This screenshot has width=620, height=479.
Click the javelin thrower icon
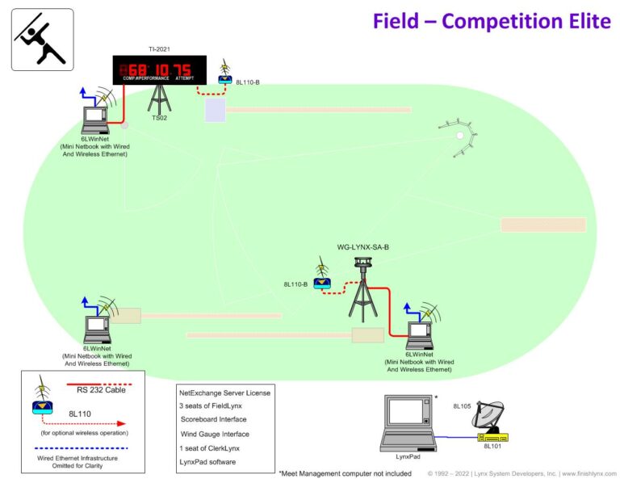pyautogui.click(x=42, y=40)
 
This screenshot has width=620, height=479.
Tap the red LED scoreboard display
pyautogui.click(x=159, y=69)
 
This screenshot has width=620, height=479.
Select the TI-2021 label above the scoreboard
pyautogui.click(x=160, y=50)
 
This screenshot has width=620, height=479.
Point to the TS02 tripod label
pyautogui.click(x=160, y=118)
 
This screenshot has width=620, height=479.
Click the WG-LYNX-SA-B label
pyautogui.click(x=363, y=246)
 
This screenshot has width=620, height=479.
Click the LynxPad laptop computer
pyautogui.click(x=407, y=422)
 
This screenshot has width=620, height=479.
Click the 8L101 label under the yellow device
pyautogui.click(x=492, y=446)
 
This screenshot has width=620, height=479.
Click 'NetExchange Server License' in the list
pyautogui.click(x=224, y=392)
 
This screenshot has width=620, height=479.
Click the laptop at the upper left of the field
pyautogui.click(x=95, y=120)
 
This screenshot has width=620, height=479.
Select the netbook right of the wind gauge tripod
pyautogui.click(x=419, y=333)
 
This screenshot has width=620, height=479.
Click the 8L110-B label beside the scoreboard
pyautogui.click(x=247, y=82)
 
